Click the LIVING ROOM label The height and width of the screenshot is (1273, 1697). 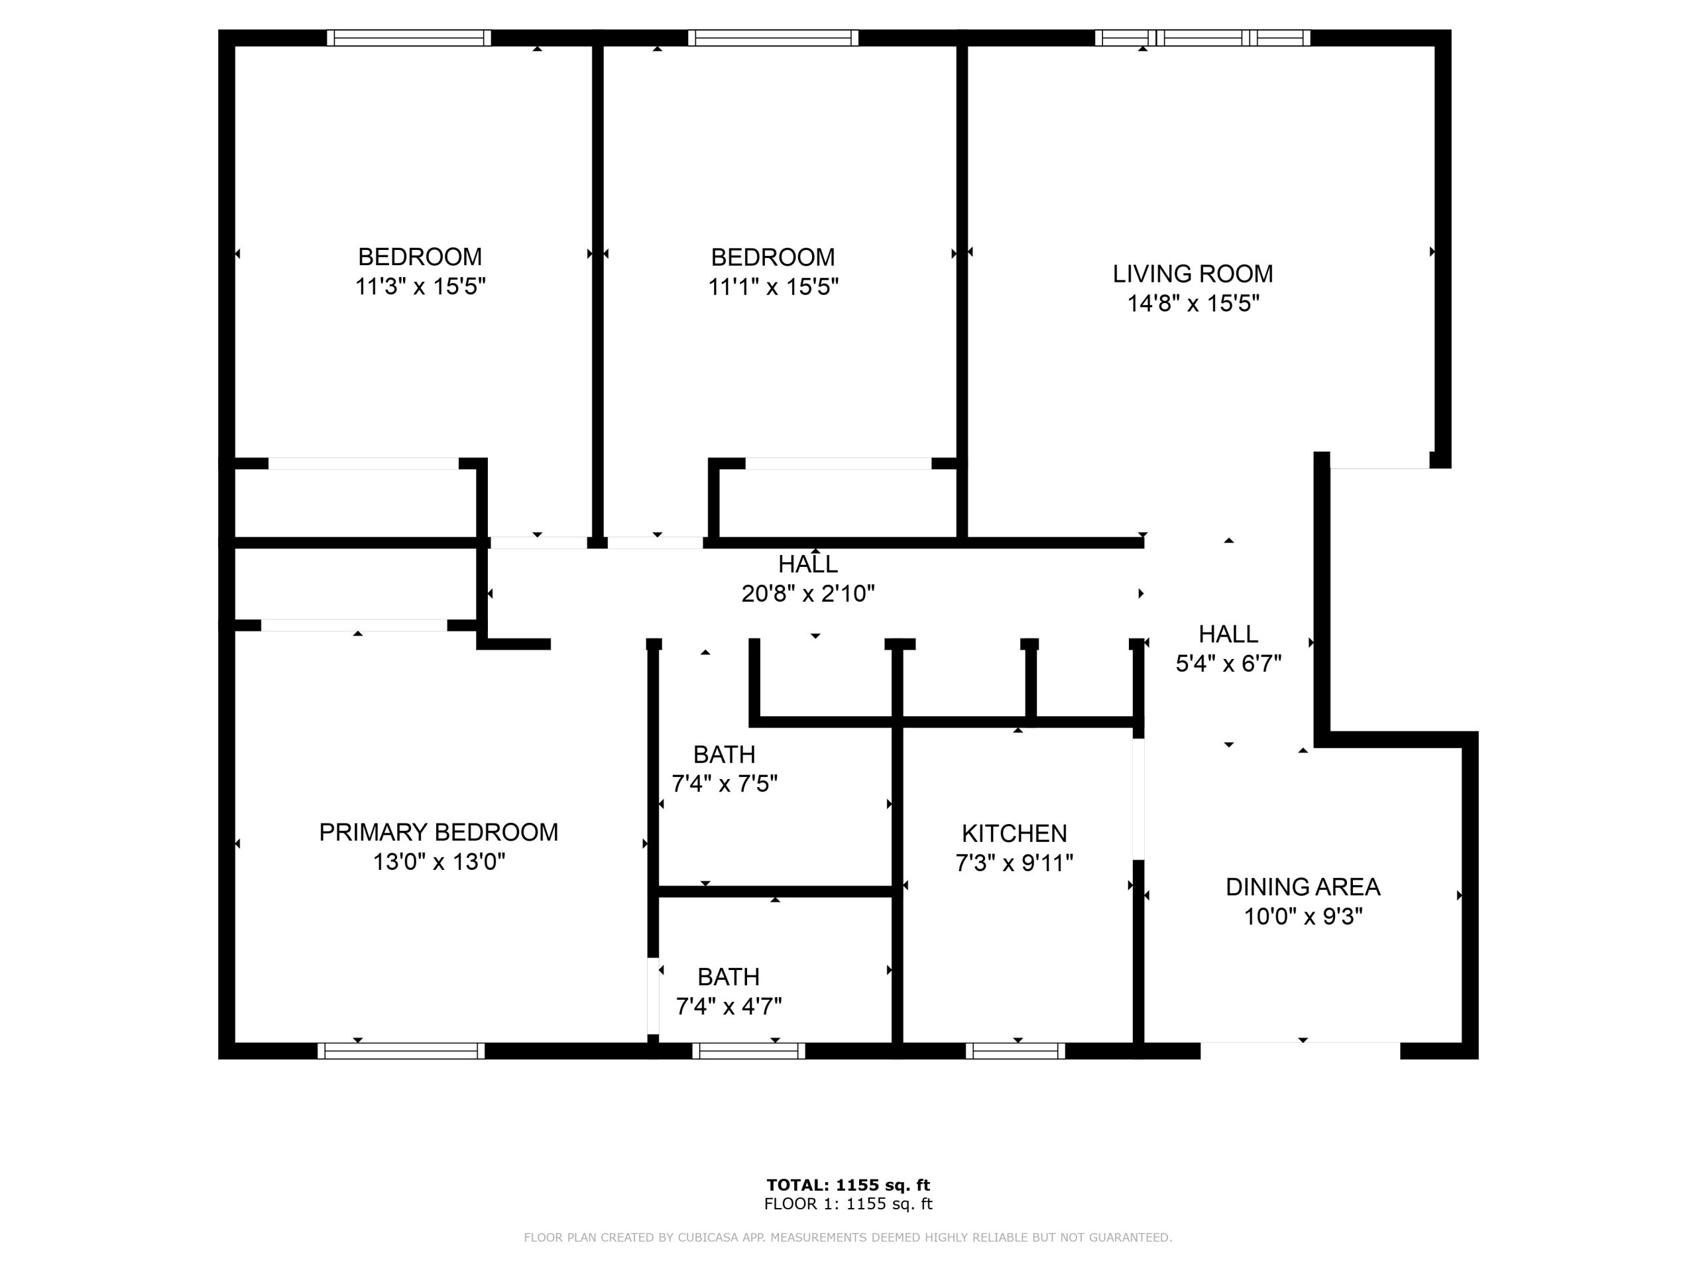1193,273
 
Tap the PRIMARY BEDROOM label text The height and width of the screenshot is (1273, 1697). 438,832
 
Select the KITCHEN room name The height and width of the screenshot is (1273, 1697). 1014,833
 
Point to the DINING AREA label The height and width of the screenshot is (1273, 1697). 1303,887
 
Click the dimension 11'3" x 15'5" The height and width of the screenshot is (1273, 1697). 420,286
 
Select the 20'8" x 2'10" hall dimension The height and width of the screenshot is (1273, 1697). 808,593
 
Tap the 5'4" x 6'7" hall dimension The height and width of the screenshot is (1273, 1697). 1228,663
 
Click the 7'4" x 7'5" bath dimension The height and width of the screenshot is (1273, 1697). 725,784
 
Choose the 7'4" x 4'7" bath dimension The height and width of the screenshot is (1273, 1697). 728,1006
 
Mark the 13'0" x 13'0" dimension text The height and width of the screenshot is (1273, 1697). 439,862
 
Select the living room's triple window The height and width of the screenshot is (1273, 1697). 1202,38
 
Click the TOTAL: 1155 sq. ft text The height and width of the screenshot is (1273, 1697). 848,1185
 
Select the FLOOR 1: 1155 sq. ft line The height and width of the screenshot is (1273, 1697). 848,1204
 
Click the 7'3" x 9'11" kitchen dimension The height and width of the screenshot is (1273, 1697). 1014,863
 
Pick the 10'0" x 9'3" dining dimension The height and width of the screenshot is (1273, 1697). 1303,916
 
